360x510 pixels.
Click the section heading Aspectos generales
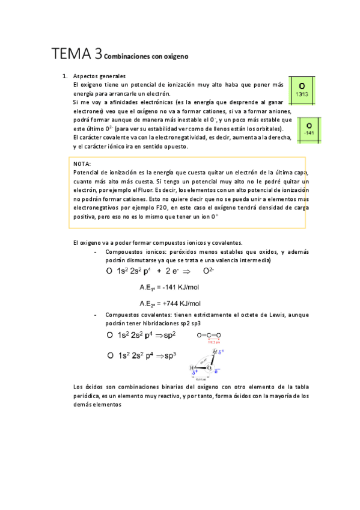pyautogui.click(x=99, y=76)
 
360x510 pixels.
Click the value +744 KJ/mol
pyautogui.click(x=180, y=304)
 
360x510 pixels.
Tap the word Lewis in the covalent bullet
pyautogui.click(x=274, y=315)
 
